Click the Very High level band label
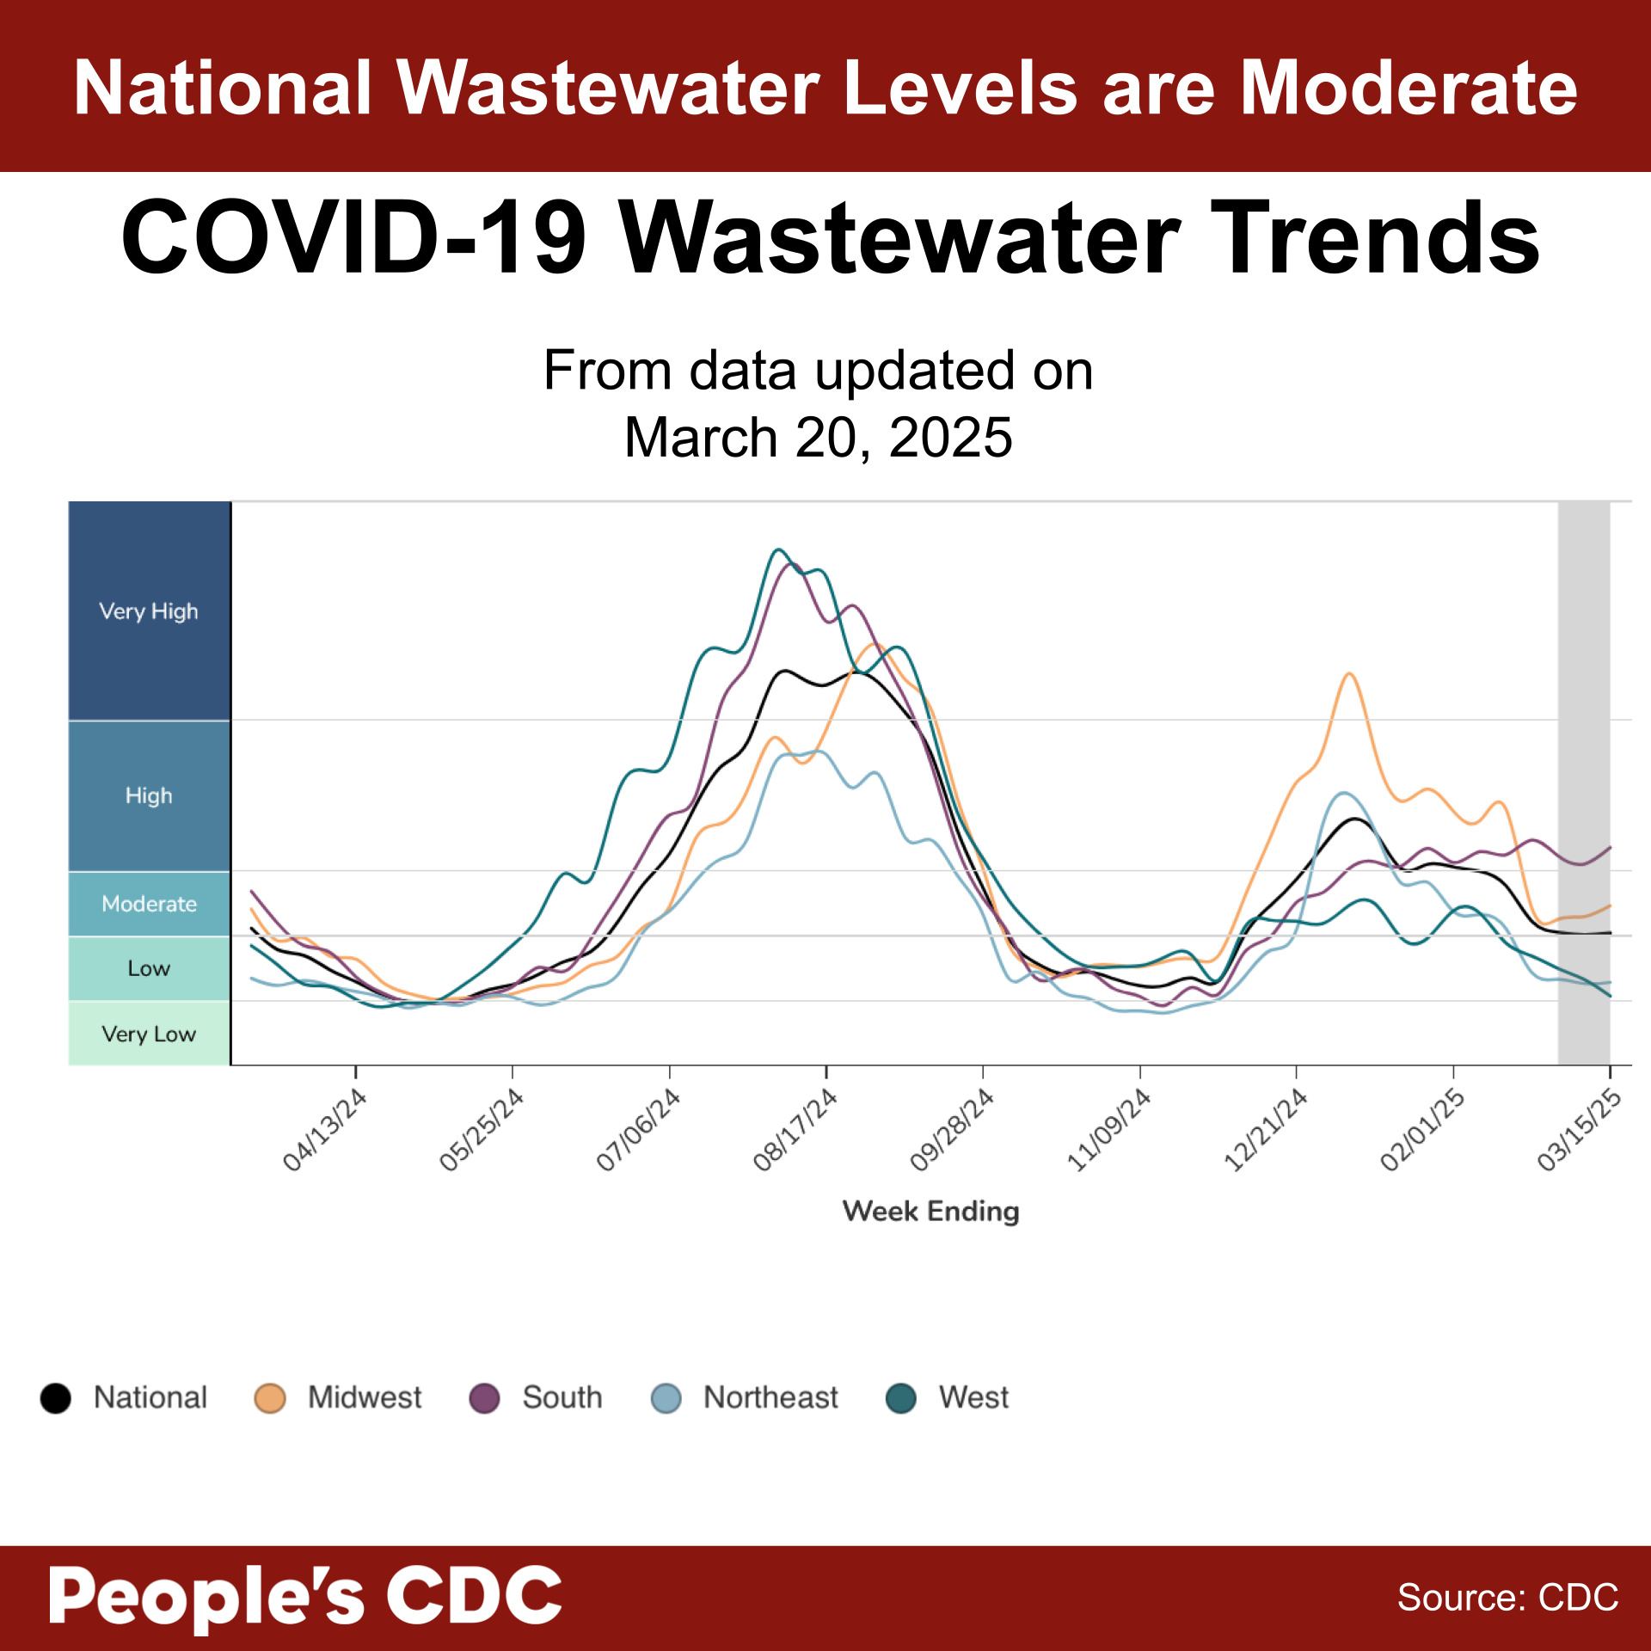pyautogui.click(x=149, y=611)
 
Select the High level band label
pyautogui.click(x=149, y=795)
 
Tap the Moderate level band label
pyautogui.click(x=149, y=904)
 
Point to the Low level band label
pyautogui.click(x=149, y=968)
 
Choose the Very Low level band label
pyautogui.click(x=149, y=1034)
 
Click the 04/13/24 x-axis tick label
pyautogui.click(x=325, y=1130)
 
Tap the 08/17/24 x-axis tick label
pyautogui.click(x=795, y=1130)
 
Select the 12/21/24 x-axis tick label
pyautogui.click(x=1266, y=1130)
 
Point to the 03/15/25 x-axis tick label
pyautogui.click(x=1580, y=1130)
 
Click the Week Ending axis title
pyautogui.click(x=930, y=1211)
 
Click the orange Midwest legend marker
pyautogui.click(x=270, y=1398)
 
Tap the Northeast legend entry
pyautogui.click(x=745, y=1397)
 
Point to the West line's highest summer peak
pyautogui.click(x=777, y=549)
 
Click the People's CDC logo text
pyautogui.click(x=305, y=1596)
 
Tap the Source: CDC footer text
pyautogui.click(x=1507, y=1598)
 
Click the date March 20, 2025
pyautogui.click(x=818, y=438)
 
